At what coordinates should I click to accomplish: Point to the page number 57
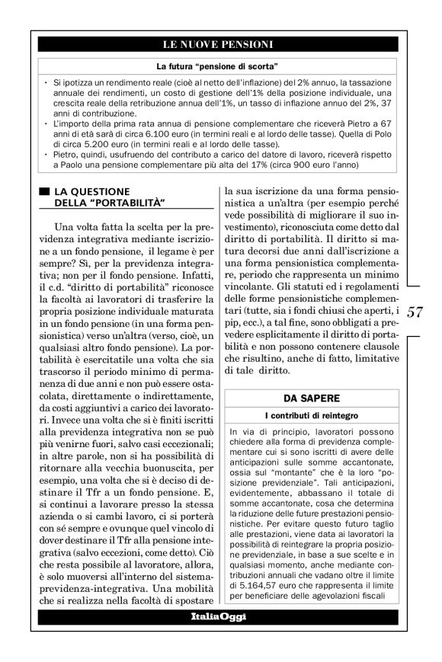pos(416,311)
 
